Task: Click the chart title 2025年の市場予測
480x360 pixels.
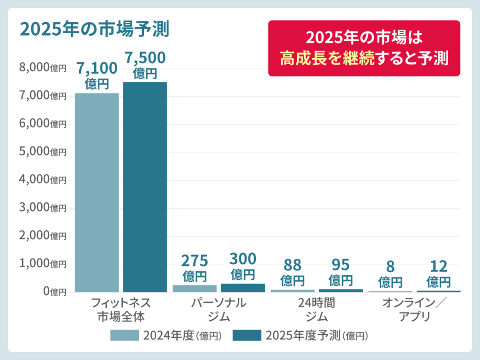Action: click(x=94, y=29)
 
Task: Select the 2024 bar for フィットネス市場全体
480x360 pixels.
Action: click(x=97, y=192)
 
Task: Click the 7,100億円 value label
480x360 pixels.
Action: click(x=97, y=75)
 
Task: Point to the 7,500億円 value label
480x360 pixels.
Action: click(x=145, y=65)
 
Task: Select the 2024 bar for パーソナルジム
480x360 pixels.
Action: click(x=195, y=288)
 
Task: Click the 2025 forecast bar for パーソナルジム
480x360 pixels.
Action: click(x=243, y=288)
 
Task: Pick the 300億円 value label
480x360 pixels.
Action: click(x=243, y=266)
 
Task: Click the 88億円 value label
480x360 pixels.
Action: click(x=292, y=273)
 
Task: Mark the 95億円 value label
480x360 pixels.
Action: click(x=341, y=272)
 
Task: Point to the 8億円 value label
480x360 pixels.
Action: click(x=390, y=274)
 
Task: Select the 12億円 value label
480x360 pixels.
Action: click(x=439, y=274)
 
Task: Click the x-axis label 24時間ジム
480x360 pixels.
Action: click(x=316, y=309)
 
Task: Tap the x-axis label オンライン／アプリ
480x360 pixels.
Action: click(x=415, y=309)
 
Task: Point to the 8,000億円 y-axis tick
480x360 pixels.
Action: click(x=43, y=68)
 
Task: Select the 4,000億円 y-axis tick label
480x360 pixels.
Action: click(x=43, y=180)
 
